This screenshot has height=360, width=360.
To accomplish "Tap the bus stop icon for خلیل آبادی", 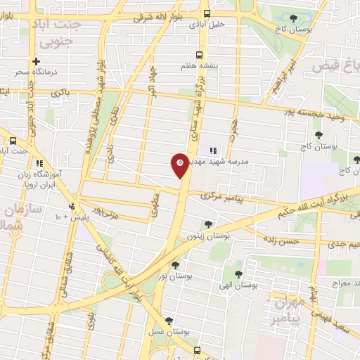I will pyautogui.click(x=207, y=13).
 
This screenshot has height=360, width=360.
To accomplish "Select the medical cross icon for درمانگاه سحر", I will pyautogui.click(x=36, y=62).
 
